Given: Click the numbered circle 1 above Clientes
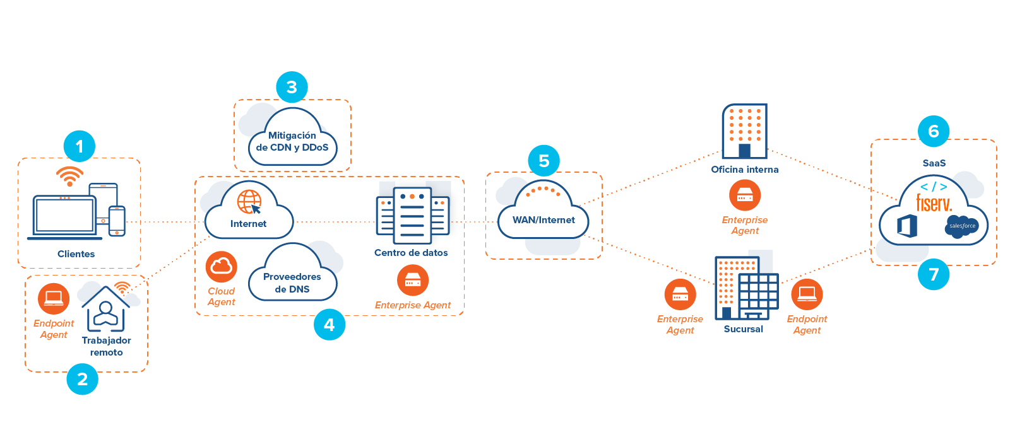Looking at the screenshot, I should pyautogui.click(x=80, y=146).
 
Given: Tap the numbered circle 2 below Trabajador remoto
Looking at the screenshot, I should pyautogui.click(x=83, y=379).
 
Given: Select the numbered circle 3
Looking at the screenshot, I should pyautogui.click(x=292, y=87).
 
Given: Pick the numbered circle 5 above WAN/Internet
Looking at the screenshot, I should pyautogui.click(x=544, y=161).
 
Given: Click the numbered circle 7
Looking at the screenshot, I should pyautogui.click(x=934, y=274).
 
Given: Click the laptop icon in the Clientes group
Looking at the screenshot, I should pyautogui.click(x=64, y=217).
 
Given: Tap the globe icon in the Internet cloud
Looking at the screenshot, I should pyautogui.click(x=249, y=202).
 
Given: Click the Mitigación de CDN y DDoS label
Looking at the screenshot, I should pyautogui.click(x=292, y=141).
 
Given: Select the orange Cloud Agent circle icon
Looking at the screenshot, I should pyautogui.click(x=222, y=267).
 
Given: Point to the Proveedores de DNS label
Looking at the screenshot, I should pyautogui.click(x=292, y=283).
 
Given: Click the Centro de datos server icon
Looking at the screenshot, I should pyautogui.click(x=413, y=215).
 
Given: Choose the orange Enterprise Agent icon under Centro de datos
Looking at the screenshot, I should pyautogui.click(x=413, y=280).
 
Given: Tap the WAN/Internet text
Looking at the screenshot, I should pyautogui.click(x=544, y=220).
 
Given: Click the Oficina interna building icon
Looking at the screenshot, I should pyautogui.click(x=745, y=131).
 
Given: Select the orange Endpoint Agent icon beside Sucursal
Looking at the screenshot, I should pyautogui.click(x=807, y=294).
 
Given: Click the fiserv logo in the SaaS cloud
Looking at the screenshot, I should pyautogui.click(x=934, y=203).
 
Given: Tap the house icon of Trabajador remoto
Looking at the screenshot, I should pyautogui.click(x=106, y=309).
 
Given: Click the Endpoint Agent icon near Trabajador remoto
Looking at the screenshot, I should pyautogui.click(x=54, y=299).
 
